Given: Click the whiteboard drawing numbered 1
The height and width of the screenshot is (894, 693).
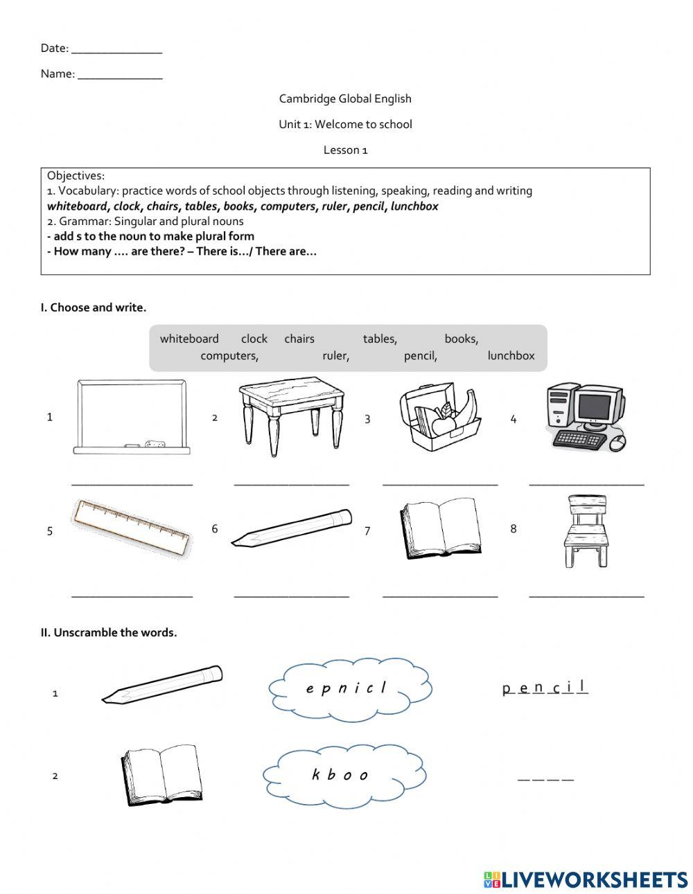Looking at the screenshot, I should [x=132, y=417].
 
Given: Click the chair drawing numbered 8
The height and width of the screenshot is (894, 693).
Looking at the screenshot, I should [x=588, y=531].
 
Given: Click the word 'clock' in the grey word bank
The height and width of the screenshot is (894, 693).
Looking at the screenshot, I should [x=254, y=339].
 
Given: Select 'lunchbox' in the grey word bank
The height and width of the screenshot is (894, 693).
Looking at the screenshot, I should [x=511, y=356].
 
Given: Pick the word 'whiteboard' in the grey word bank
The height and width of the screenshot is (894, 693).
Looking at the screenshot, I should [x=189, y=339].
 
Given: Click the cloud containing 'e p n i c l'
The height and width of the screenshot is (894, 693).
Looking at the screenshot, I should [x=349, y=688].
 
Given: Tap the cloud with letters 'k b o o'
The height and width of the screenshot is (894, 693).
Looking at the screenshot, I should [x=344, y=775].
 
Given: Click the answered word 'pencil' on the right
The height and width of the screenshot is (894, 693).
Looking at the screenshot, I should [x=545, y=688].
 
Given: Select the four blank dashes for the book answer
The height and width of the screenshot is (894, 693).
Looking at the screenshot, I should [x=545, y=779].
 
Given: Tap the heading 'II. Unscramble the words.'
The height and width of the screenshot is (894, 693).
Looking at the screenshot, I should [x=109, y=632].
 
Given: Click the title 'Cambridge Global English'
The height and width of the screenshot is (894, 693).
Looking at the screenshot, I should [x=345, y=99].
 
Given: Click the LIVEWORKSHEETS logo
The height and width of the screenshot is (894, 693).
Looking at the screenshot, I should [x=586, y=879].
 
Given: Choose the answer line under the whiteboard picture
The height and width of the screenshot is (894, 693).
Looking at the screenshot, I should [x=132, y=483].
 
